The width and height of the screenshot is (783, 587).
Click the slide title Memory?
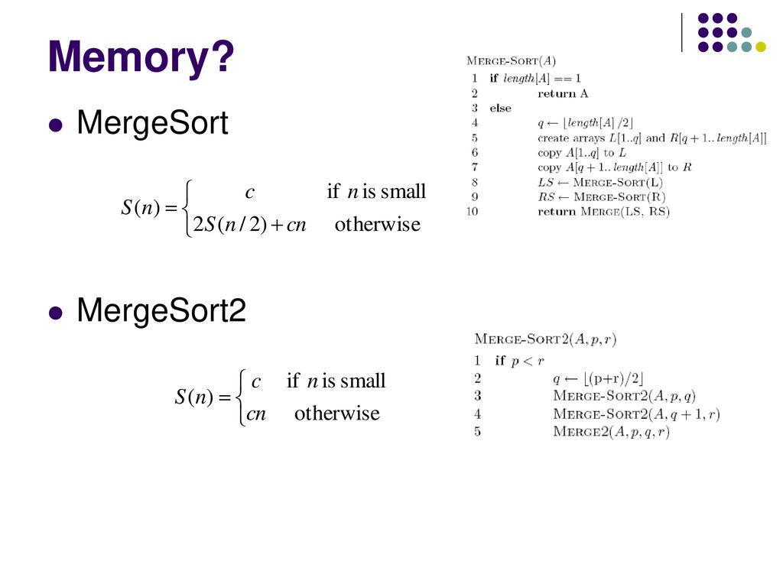tap(141, 58)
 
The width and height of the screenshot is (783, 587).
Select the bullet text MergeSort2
tap(161, 311)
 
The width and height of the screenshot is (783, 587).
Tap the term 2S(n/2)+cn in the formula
tap(249, 225)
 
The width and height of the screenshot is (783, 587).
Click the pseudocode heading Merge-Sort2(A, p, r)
tap(546, 338)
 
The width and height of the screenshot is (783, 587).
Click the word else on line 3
tap(501, 109)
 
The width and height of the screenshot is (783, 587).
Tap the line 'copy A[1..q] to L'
tap(581, 153)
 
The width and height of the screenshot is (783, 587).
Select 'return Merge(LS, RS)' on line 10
tap(603, 212)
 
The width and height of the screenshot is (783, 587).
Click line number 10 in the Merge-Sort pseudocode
tap(473, 212)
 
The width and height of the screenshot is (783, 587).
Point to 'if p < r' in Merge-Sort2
tap(519, 360)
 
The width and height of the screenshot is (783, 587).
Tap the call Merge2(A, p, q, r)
tap(611, 432)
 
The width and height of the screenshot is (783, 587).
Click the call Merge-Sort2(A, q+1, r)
tap(636, 414)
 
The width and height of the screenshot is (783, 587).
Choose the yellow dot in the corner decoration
tap(760, 47)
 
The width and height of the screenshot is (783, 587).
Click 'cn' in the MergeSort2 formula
tap(255, 413)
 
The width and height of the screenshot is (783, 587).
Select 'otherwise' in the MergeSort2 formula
tap(336, 413)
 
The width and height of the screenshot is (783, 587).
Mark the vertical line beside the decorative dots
tap(681, 32)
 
